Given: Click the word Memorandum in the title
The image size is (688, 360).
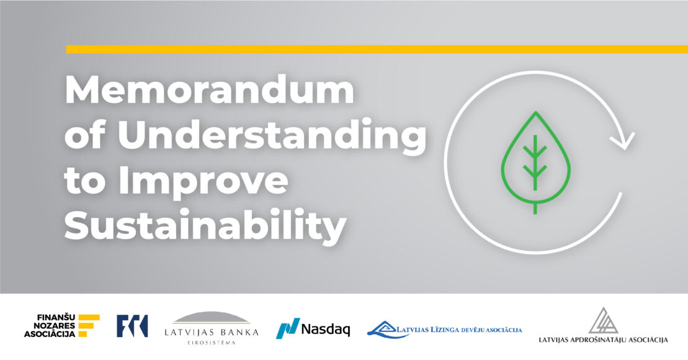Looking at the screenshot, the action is click(210, 90).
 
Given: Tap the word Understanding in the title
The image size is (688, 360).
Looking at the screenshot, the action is click(272, 135).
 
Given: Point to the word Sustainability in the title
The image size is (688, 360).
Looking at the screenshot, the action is click(205, 225).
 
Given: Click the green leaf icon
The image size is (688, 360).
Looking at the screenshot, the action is click(535, 163).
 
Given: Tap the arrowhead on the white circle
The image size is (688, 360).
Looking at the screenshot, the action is click(622, 140).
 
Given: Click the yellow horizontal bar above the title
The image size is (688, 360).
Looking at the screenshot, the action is click(377, 49).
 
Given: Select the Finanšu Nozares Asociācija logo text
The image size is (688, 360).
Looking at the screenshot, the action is click(50, 325).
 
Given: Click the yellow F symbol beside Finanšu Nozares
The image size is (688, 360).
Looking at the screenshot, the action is click(88, 325).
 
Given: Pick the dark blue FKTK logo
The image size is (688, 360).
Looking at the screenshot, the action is click(132, 326).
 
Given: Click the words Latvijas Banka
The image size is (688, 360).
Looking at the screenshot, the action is click(211, 332).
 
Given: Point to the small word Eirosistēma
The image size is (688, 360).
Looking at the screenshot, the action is click(212, 343).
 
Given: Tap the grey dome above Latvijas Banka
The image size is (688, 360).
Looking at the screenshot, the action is click(211, 317).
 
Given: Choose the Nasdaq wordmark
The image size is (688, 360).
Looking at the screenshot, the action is click(326, 329).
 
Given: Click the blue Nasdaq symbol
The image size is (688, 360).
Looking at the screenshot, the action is click(288, 328).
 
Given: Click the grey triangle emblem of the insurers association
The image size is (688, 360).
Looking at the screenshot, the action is click(603, 320).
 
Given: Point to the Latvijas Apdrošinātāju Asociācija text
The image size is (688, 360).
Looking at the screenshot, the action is click(603, 340).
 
